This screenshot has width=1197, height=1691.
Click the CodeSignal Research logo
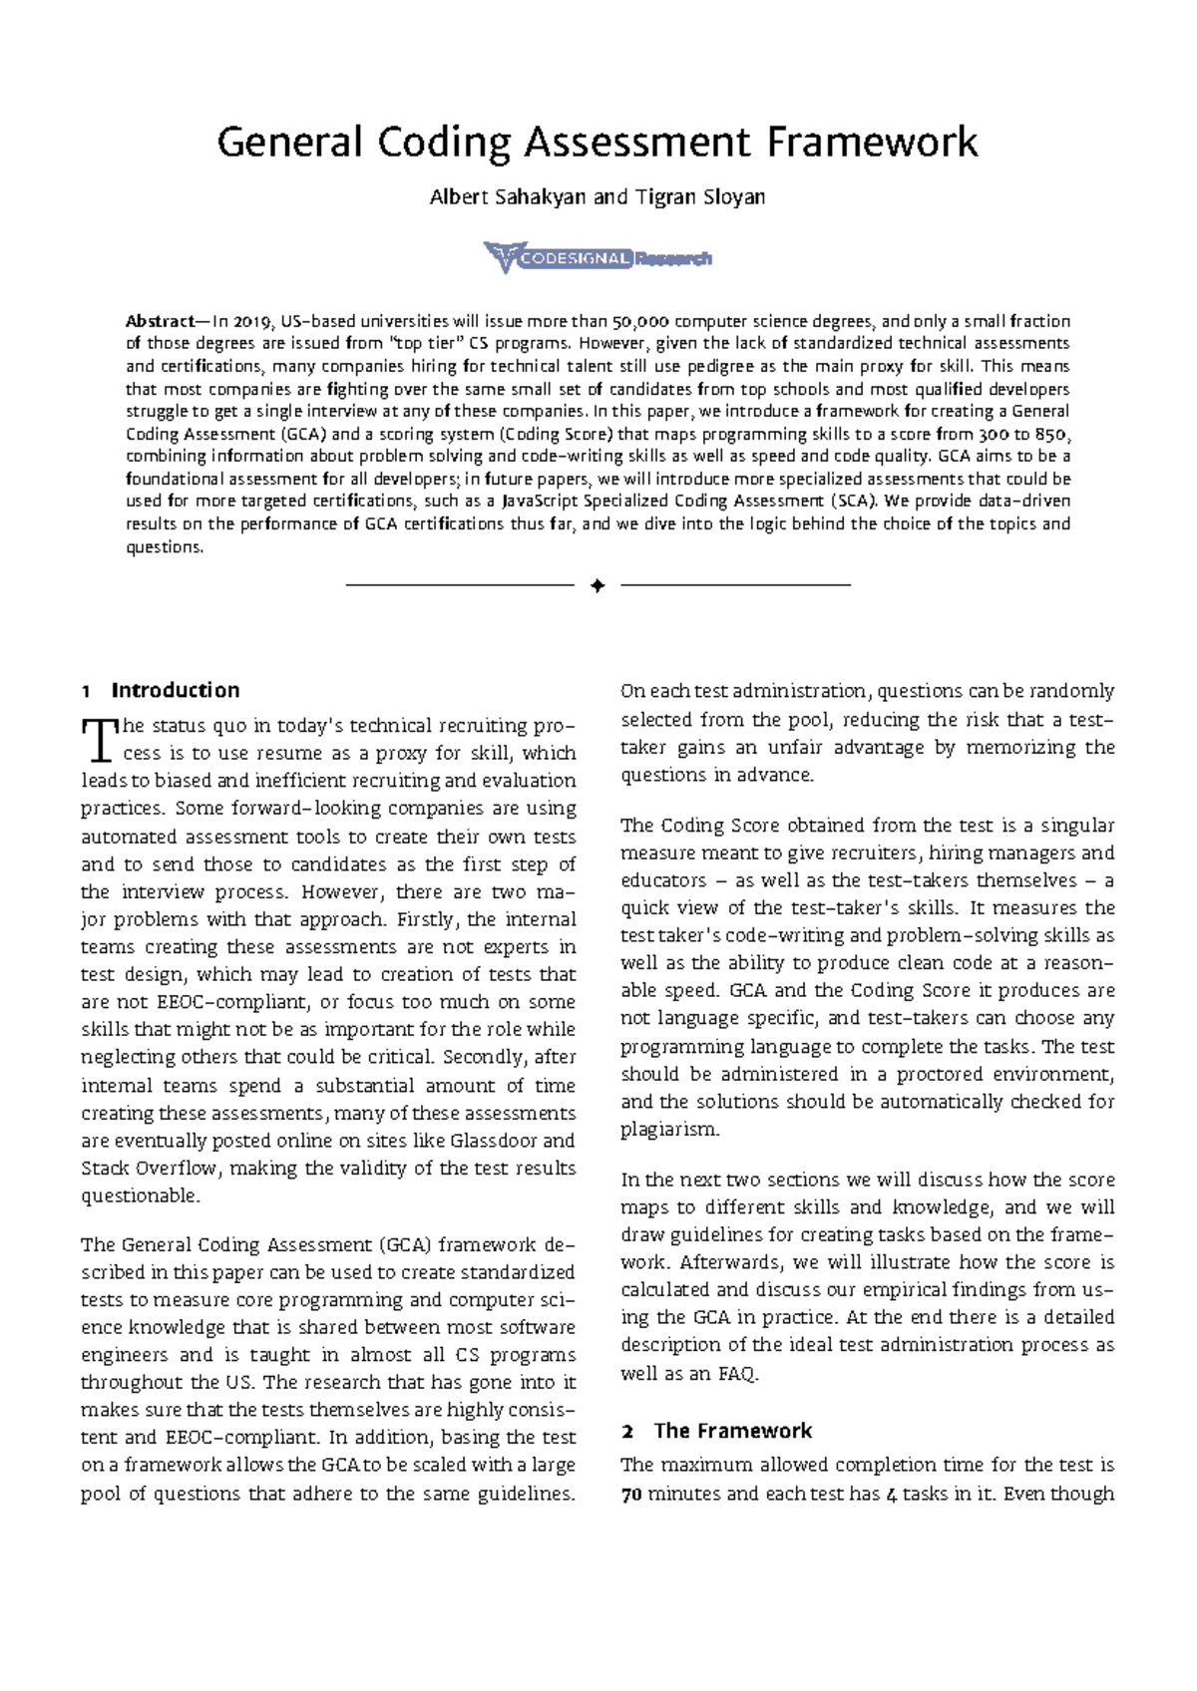click(x=598, y=258)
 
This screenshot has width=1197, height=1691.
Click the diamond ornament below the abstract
click(x=598, y=586)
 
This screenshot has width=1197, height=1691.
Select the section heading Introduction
click(x=176, y=690)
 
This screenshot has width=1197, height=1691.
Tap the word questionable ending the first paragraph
click(x=140, y=1195)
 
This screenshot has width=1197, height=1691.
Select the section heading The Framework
click(x=733, y=1431)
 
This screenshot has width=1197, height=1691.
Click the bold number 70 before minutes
click(x=630, y=1494)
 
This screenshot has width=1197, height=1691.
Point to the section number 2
click(x=627, y=1431)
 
